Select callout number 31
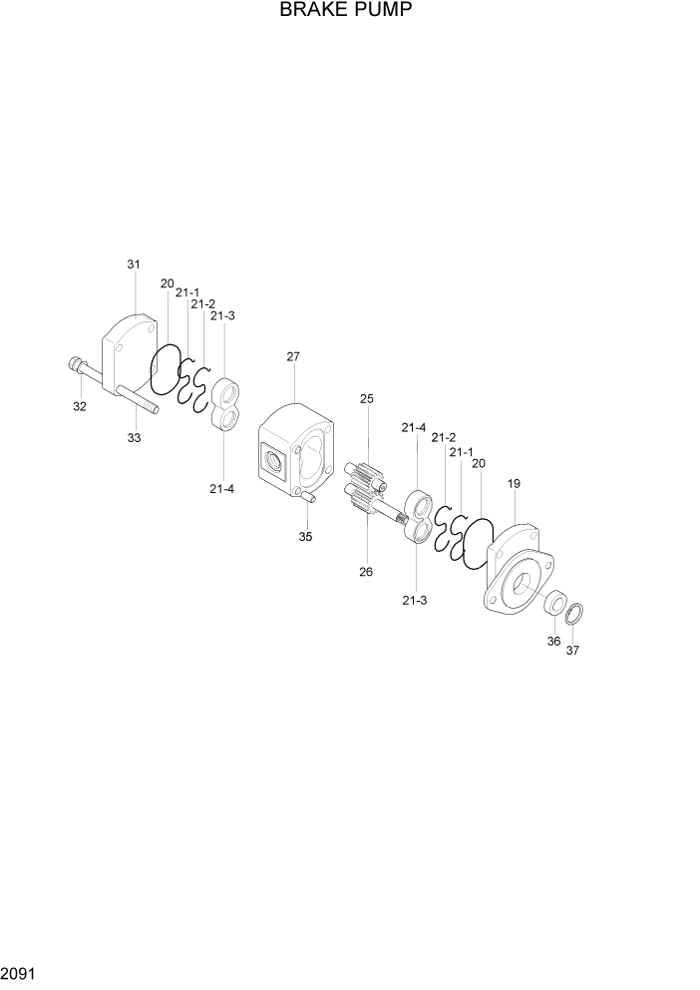134,264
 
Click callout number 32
80,406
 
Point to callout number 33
134,437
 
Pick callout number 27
293,356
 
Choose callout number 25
367,399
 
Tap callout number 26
366,572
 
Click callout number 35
306,536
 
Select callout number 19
514,484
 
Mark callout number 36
553,642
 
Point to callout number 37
572,651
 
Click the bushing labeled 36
553,602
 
